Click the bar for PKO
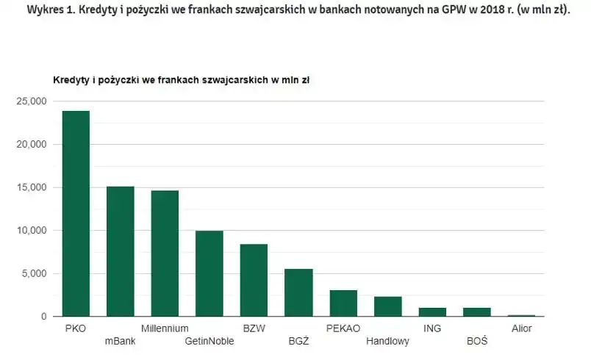[76, 214]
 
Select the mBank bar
[121, 251]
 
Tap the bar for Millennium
[165, 253]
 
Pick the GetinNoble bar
[209, 273]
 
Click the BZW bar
[254, 280]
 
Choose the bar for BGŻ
[298, 292]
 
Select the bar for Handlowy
[387, 306]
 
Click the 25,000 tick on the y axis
[31, 101]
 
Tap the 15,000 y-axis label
[31, 187]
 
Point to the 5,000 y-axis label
[33, 274]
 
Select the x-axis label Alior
[521, 328]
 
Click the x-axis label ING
[432, 328]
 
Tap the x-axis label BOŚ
[477, 342]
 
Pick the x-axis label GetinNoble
[209, 342]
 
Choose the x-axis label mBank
[121, 342]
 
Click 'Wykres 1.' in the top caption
[50, 12]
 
